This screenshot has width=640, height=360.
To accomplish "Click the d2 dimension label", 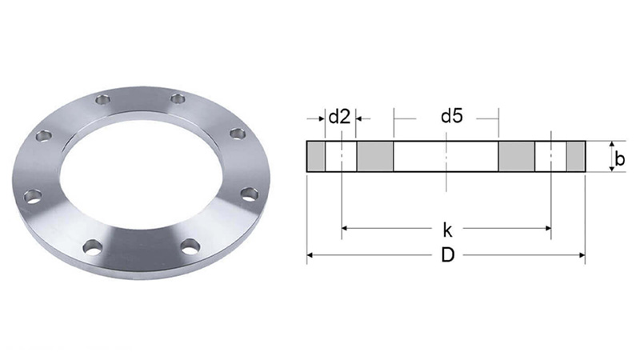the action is (x=339, y=117).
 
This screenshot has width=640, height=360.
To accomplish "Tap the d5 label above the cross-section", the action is (x=452, y=116).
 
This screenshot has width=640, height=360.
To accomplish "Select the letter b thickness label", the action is (x=619, y=158).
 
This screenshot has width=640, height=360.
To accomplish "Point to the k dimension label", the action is (x=447, y=230).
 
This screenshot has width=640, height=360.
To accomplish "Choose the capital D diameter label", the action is (x=448, y=255).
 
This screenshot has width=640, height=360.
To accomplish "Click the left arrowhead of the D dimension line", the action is (x=310, y=255).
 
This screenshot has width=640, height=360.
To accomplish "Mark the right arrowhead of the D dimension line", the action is (x=582, y=255).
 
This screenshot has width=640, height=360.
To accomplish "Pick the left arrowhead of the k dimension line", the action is (x=345, y=228).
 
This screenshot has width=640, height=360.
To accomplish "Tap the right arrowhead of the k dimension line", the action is (x=548, y=228).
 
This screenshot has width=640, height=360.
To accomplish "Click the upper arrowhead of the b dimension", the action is (x=611, y=145).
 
